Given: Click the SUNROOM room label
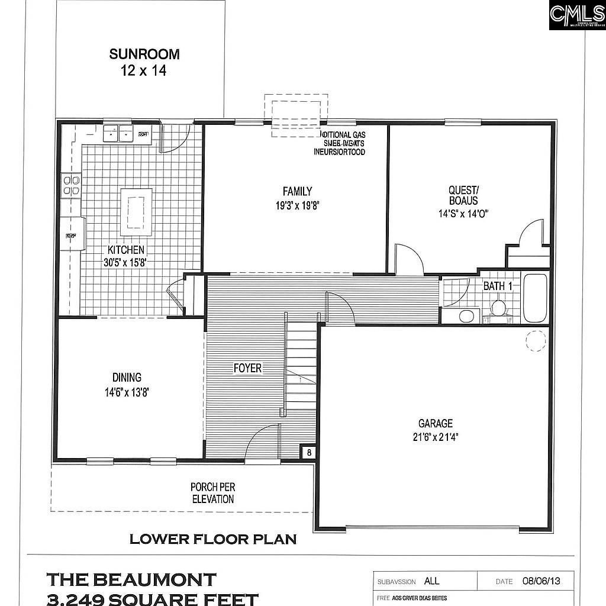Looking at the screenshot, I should pos(144,54).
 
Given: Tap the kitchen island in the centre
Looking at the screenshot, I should pos(136,212).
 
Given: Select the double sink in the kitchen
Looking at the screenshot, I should pos(118,134).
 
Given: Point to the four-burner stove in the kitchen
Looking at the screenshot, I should pos(72,185).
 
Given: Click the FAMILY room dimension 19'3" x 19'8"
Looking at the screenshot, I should pos(297,207).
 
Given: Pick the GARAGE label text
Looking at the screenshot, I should pos(436,423).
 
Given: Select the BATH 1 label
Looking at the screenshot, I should pos(498,286).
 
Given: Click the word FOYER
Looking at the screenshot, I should pos(247,368).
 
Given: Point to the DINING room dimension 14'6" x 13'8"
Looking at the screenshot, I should pos(127,391).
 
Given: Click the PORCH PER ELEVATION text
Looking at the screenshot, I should pos(212,493).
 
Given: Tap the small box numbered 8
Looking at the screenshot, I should pos(309,453).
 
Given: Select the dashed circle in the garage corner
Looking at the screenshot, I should pos(536,341).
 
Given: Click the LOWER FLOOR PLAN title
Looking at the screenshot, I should pos(213,539).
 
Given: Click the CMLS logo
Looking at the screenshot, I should pos(577,15).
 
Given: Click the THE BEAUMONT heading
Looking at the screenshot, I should pos(131,579).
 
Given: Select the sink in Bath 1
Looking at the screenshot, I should pos(466,315).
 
